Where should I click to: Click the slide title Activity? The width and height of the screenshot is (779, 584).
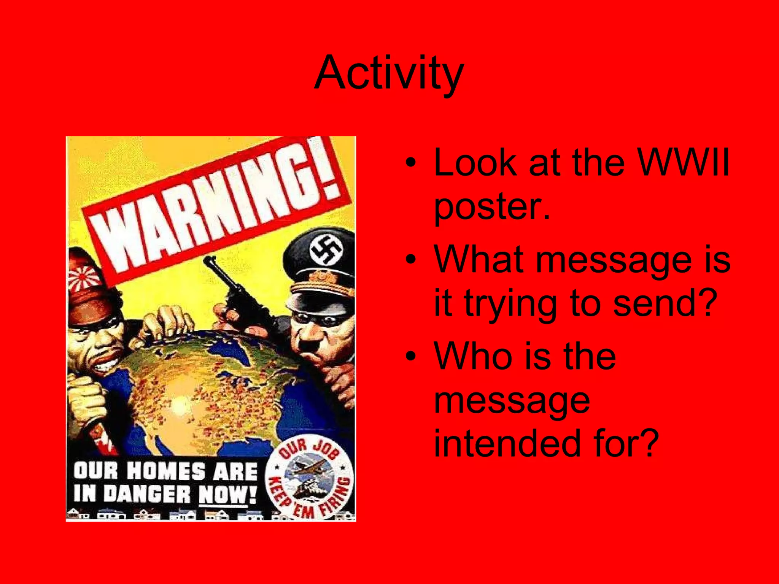(389, 73)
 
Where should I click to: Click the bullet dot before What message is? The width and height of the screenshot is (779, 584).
(410, 260)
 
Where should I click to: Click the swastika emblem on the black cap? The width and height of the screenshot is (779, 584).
(326, 251)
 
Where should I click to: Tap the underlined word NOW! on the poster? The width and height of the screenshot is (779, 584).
(227, 494)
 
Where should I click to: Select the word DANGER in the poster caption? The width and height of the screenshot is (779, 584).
(147, 494)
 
